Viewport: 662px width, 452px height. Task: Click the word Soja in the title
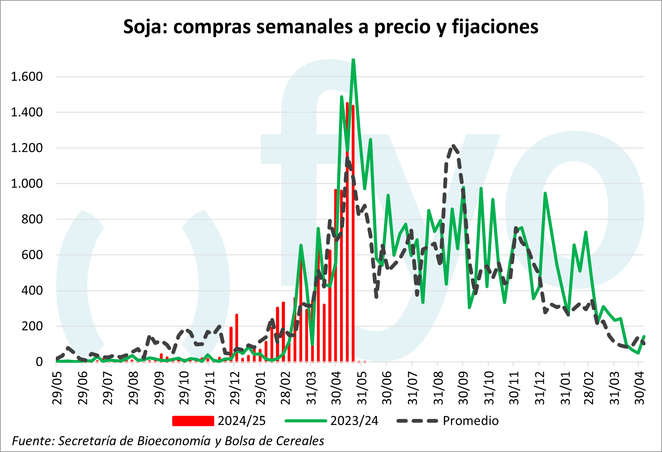point(142,27)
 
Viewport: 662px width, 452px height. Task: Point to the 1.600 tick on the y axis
point(27,76)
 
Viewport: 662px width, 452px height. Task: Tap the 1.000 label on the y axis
point(27,183)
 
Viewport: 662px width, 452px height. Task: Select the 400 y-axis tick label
point(32,290)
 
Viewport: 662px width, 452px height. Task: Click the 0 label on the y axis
point(39,362)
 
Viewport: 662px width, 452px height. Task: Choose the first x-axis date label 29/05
point(57,388)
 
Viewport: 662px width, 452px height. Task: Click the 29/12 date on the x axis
point(235,388)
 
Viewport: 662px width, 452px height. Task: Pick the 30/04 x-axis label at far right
point(639,388)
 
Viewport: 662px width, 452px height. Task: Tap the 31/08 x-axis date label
point(438,388)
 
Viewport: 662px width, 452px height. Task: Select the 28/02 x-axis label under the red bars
point(286,388)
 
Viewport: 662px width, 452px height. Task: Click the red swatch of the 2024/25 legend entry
point(193,421)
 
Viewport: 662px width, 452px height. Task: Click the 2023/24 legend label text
point(354,421)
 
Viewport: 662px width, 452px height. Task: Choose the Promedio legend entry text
point(470,421)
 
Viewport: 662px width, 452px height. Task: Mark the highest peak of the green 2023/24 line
point(353,60)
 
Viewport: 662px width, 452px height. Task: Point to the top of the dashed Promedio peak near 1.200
point(453,146)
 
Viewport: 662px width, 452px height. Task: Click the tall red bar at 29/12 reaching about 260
point(237,338)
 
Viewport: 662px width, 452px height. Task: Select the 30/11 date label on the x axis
point(514,388)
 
